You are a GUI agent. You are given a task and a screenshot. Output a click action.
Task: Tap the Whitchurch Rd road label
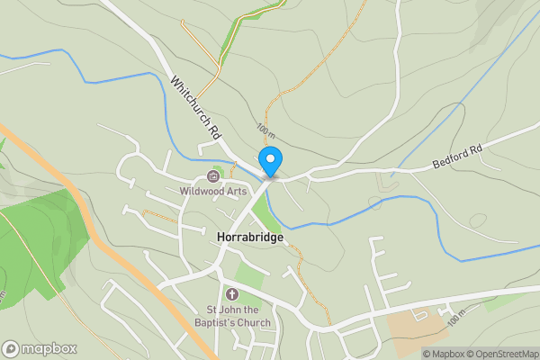[196, 105]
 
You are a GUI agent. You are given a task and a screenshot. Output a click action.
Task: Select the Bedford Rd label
[458, 156]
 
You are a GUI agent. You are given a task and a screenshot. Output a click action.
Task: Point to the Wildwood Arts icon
[213, 176]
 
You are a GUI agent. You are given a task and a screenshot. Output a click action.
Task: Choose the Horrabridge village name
[250, 237]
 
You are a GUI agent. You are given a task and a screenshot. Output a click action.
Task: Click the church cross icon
[231, 294]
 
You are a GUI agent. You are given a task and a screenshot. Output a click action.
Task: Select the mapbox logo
[39, 348]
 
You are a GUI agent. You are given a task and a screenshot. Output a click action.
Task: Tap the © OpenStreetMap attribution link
[503, 354]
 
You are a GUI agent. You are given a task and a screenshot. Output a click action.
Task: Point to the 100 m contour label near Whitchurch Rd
[263, 130]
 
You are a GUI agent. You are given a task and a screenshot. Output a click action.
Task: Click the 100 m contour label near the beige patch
[458, 318]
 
